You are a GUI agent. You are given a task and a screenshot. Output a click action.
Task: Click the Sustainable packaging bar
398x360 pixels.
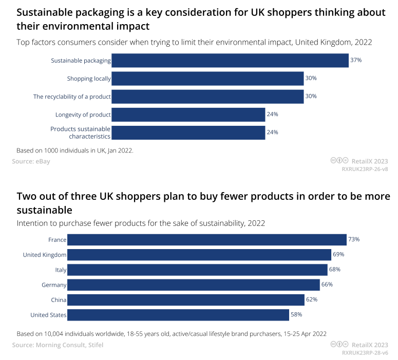pyautogui.click(x=230, y=61)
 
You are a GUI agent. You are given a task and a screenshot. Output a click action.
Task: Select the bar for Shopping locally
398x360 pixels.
pyautogui.click(x=207, y=79)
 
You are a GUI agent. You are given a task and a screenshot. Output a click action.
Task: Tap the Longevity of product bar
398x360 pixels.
pyautogui.click(x=188, y=114)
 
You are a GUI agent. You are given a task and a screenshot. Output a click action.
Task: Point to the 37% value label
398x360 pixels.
pyautogui.click(x=356, y=60)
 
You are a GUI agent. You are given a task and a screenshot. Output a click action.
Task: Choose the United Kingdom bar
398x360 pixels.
pyautogui.click(x=199, y=255)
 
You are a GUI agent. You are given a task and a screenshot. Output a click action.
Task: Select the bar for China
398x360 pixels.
pyautogui.click(x=186, y=299)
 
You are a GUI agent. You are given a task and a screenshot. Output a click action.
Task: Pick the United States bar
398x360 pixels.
pyautogui.click(x=178, y=314)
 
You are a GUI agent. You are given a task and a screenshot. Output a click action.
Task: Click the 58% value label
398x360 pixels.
pyautogui.click(x=296, y=314)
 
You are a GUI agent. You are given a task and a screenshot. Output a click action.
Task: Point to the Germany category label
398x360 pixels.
pyautogui.click(x=54, y=285)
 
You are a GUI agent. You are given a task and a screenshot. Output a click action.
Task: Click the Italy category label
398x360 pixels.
pyautogui.click(x=61, y=270)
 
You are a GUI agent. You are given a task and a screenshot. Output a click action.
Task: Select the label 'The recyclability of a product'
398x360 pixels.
pyautogui.click(x=72, y=97)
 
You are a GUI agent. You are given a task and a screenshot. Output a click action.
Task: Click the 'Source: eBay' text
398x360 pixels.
pyautogui.click(x=31, y=161)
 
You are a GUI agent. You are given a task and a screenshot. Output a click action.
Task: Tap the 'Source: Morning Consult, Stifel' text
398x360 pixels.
pyautogui.click(x=58, y=345)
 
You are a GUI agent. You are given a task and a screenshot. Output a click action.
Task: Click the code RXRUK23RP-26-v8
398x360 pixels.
pyautogui.click(x=365, y=168)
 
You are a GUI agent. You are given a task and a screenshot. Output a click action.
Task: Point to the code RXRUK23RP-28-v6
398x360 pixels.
pyautogui.click(x=365, y=353)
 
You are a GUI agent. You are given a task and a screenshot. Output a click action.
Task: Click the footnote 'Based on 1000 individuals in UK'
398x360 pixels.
pyautogui.click(x=75, y=150)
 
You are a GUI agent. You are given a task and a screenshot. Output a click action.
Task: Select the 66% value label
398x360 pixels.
pyautogui.click(x=327, y=285)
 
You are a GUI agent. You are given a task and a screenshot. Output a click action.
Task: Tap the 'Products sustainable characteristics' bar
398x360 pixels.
pyautogui.click(x=188, y=132)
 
